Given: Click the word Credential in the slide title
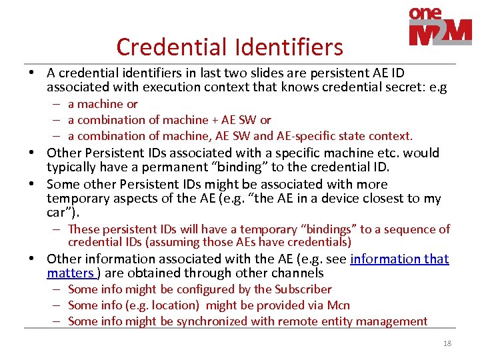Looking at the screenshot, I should pos(170,47).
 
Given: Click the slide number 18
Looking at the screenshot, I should pos(447,343).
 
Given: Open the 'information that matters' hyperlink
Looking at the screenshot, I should pos(399,259).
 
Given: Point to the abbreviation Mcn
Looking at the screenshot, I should pos(339,305).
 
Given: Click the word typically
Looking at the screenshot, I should pos(71,167).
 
